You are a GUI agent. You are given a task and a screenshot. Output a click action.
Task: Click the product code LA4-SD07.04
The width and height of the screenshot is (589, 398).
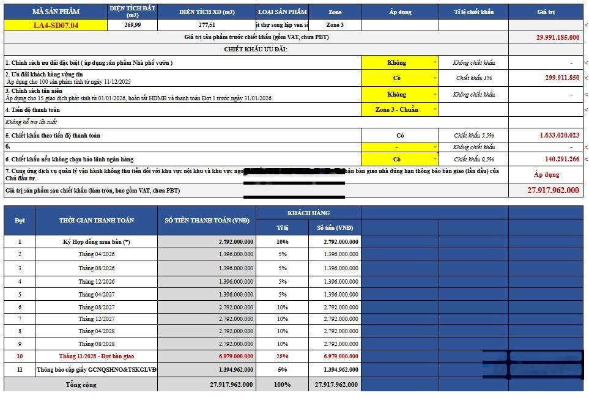56,25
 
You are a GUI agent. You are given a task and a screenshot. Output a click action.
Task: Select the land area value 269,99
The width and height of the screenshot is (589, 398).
132,25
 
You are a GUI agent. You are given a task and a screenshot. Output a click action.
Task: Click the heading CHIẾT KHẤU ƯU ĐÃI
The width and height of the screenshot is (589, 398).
256,49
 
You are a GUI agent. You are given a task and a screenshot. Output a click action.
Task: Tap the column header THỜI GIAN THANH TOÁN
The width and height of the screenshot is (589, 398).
97,220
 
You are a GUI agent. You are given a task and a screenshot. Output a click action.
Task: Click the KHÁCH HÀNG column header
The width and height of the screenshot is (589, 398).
308,213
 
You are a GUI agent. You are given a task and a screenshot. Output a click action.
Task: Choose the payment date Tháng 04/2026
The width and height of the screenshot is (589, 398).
97,254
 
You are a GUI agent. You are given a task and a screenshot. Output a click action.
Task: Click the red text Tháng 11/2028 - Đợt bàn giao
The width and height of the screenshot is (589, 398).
97,356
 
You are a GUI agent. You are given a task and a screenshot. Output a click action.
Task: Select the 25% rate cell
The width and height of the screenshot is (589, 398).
283,356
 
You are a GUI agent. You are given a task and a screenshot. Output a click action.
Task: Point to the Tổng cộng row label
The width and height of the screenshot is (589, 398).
81,385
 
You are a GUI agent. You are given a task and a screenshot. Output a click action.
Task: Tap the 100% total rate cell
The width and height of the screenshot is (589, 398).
283,385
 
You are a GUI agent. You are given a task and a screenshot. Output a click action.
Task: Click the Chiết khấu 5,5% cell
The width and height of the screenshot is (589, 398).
473,135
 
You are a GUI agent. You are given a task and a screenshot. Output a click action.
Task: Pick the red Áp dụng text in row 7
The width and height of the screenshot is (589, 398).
546,174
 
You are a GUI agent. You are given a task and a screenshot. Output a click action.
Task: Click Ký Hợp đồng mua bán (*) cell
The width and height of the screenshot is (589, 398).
97,241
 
